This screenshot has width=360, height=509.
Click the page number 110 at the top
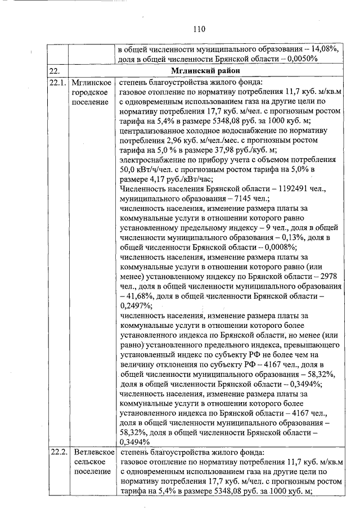[197, 29]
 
